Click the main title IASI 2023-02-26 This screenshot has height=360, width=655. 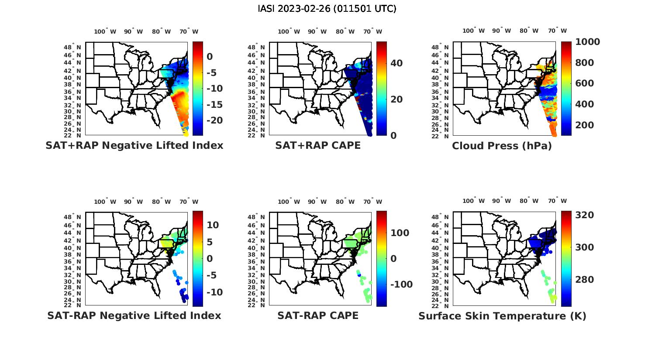tap(327, 9)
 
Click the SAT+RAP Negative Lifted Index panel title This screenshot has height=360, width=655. tap(134, 145)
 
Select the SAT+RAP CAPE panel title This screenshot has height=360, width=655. tap(318, 145)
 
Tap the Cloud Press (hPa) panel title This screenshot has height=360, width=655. tap(502, 146)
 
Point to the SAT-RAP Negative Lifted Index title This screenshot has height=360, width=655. tap(134, 315)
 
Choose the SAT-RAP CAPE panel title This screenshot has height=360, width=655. tap(318, 315)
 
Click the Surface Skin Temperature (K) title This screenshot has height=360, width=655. tap(502, 316)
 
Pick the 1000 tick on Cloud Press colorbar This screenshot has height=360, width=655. tap(587, 42)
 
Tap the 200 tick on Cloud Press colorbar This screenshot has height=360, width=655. tap(585, 125)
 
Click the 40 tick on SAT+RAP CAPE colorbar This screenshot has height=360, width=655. tap(396, 63)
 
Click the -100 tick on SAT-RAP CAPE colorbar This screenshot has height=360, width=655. tap(401, 285)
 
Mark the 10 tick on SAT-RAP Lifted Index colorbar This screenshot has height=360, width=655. tap(213, 225)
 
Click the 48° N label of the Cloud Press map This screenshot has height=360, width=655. tap(444, 48)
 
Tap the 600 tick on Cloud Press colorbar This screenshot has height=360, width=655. tap(585, 83)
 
